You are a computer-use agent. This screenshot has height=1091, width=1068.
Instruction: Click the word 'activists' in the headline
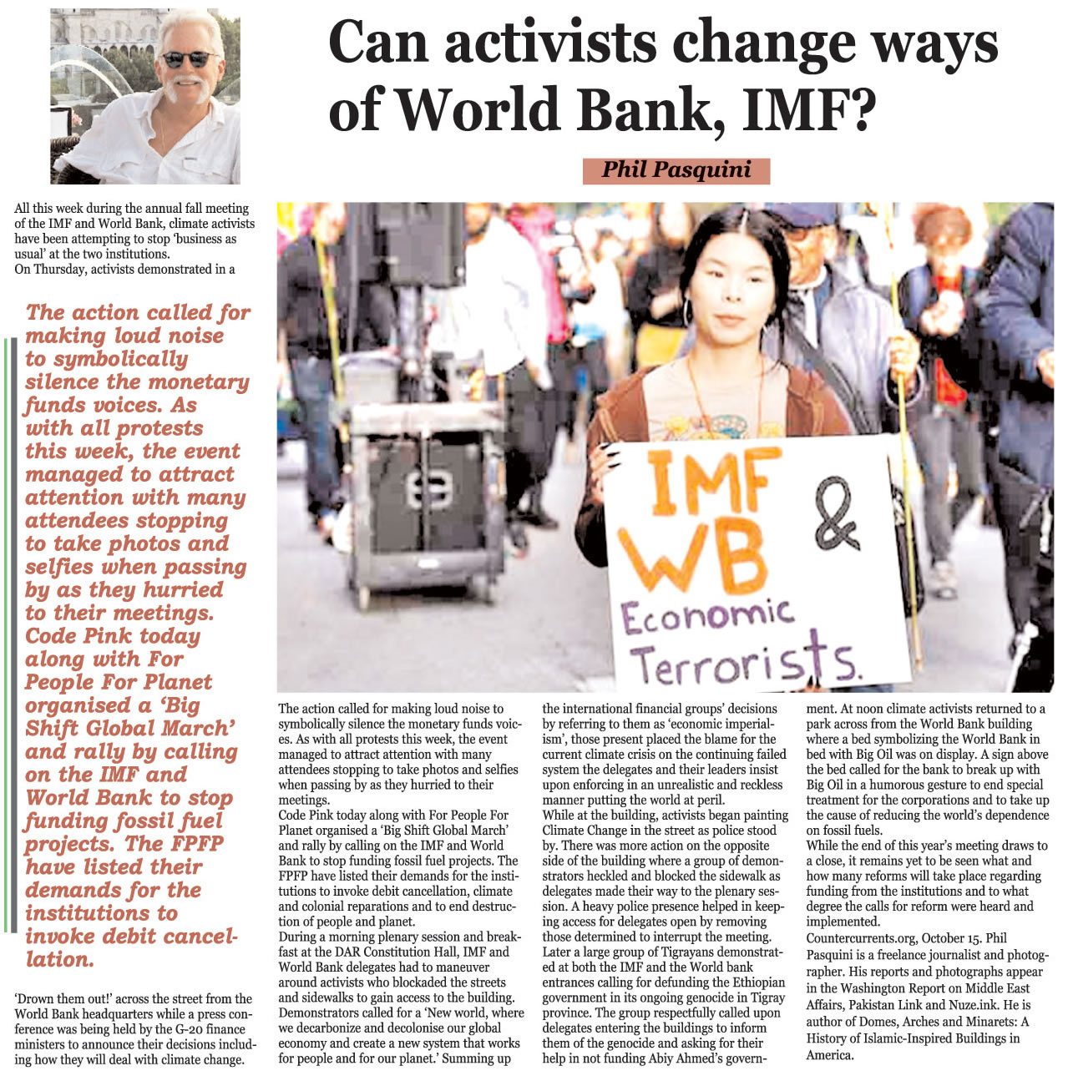[x=549, y=43]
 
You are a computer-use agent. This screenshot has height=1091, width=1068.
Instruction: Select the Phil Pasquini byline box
[x=676, y=170]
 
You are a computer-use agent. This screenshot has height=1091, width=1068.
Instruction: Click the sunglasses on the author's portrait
[x=188, y=59]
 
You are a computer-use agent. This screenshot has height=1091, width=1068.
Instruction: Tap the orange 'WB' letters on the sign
[x=692, y=558]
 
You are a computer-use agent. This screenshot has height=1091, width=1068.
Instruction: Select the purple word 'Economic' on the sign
[x=706, y=617]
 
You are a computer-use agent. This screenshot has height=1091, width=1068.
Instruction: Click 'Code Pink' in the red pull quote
[x=79, y=636]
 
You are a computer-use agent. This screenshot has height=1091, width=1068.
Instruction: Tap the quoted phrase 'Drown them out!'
[x=63, y=999]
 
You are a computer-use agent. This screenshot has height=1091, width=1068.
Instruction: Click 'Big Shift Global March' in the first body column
[x=448, y=831]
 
